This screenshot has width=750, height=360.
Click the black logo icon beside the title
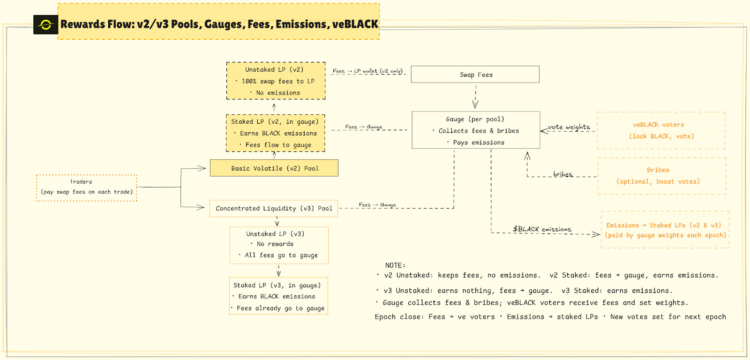click(x=45, y=25)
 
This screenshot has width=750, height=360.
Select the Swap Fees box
click(x=475, y=75)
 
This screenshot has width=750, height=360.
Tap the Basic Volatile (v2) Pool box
click(x=274, y=168)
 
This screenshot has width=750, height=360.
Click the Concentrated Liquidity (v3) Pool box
click(x=274, y=209)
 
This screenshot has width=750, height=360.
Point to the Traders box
click(x=87, y=188)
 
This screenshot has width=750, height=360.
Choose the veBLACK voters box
click(x=661, y=131)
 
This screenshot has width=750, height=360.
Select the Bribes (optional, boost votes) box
click(x=662, y=176)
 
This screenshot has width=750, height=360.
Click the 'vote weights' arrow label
click(x=569, y=127)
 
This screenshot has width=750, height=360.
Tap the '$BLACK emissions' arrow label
click(x=542, y=229)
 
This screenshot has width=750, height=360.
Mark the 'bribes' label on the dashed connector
click(x=563, y=174)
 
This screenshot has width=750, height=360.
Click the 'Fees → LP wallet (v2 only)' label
click(x=367, y=71)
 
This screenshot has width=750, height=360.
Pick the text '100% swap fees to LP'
click(x=278, y=81)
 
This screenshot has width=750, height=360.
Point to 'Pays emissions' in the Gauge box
click(x=479, y=142)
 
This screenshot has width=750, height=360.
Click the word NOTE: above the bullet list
click(x=395, y=265)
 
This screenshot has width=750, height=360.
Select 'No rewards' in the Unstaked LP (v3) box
click(x=275, y=244)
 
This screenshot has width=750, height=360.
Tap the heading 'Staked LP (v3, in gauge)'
click(x=277, y=285)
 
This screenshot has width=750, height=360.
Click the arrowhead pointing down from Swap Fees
click(x=475, y=105)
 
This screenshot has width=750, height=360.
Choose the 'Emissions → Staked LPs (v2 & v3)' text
click(x=664, y=225)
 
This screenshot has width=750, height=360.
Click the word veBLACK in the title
click(x=355, y=24)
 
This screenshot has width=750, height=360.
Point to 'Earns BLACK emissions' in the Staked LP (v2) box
click(x=278, y=133)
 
